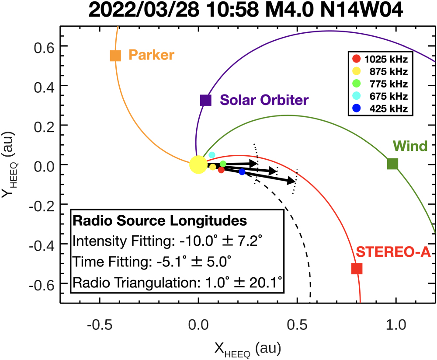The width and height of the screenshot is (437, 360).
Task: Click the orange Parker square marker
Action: (115, 56)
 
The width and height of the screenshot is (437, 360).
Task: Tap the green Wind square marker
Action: (392, 164)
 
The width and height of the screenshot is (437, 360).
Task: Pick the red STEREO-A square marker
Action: (357, 269)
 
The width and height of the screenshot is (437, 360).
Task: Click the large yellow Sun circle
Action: (198, 165)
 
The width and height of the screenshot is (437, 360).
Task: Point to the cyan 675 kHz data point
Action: (212, 155)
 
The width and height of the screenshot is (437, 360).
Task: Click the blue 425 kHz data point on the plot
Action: (242, 172)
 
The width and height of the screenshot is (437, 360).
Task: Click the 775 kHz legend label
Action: (388, 84)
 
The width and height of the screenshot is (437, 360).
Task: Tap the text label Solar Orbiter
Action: (264, 100)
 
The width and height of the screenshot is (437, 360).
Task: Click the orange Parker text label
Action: (151, 55)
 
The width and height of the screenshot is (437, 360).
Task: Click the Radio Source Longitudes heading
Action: (160, 221)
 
